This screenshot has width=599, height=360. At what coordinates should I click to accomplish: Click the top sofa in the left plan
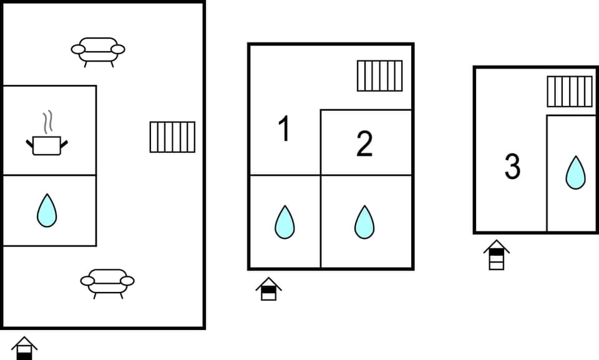coord(98,50)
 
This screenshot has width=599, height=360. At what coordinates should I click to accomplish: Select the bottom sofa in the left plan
coord(107,282)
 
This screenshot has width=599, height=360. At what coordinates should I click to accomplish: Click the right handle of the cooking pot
coord(63,144)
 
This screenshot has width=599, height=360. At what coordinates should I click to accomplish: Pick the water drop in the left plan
coord(47,210)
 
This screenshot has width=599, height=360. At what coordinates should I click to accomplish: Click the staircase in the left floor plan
coord(172,137)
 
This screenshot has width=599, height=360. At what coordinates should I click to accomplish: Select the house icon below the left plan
coord(24,348)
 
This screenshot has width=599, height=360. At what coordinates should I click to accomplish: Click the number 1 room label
coord(284,130)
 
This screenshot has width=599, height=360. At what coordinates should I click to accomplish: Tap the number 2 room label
coord(364,144)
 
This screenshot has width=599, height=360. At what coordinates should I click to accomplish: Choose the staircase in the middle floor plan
coord(379,75)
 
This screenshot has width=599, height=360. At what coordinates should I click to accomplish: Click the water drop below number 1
coord(285,221)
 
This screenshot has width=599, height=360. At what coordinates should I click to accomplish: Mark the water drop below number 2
coord(364,221)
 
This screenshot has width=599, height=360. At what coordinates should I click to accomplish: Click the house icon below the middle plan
coord(268,289)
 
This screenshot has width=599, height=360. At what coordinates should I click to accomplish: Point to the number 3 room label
coord(512,167)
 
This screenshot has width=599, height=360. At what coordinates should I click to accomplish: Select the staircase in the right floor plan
coord(569,91)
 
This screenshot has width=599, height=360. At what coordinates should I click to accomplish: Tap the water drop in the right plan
coord(575,172)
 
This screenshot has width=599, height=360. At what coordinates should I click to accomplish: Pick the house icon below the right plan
coord(496,255)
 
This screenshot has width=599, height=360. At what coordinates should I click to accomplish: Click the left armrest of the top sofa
coord(78,49)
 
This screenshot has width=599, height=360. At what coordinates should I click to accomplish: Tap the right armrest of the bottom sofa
coord(127,281)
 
